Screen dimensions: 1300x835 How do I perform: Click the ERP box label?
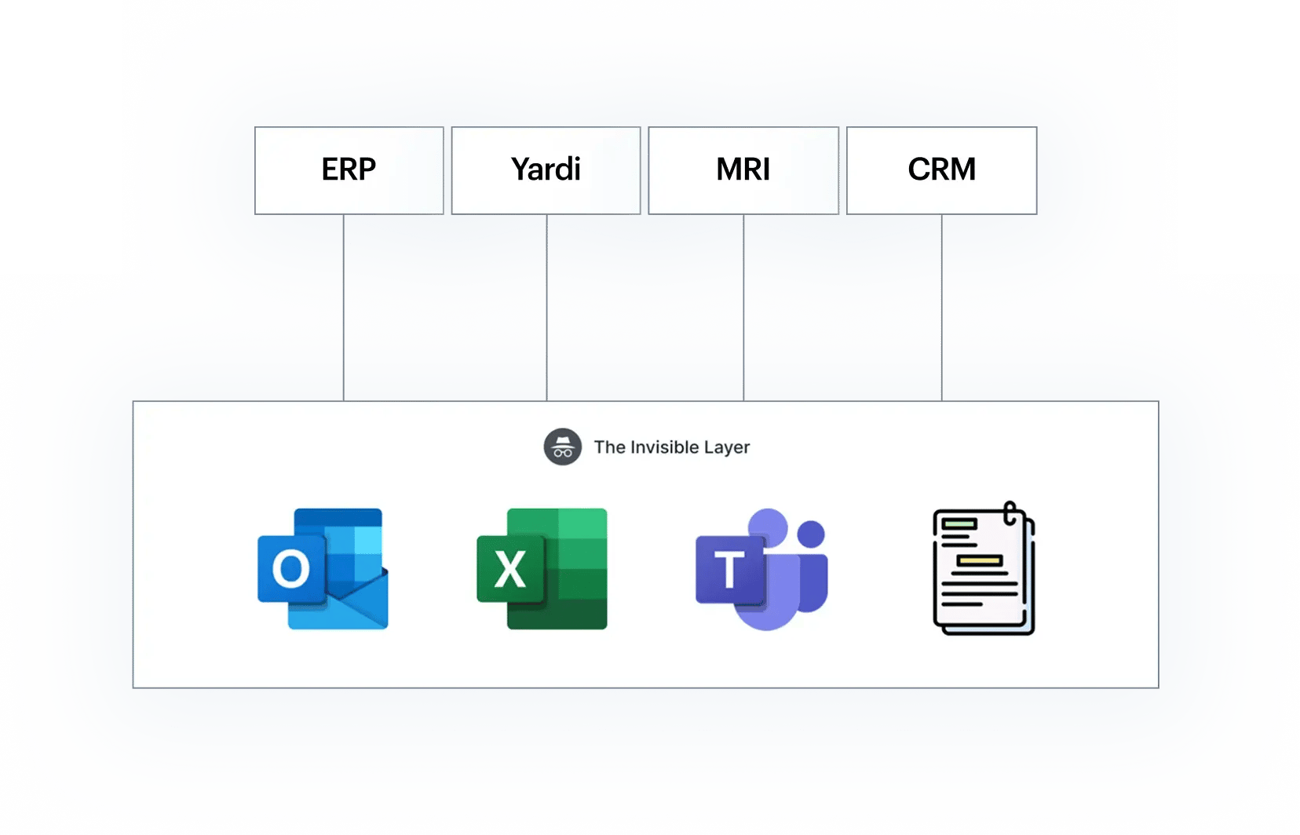tap(349, 170)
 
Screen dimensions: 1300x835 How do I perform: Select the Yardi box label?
tap(546, 170)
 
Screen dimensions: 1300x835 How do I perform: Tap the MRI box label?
tap(743, 170)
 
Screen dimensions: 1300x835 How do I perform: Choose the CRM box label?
tap(941, 170)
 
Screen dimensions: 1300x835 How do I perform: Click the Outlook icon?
tap(323, 569)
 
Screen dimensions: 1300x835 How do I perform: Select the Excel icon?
tap(542, 569)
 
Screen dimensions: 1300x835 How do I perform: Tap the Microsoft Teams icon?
tap(761, 569)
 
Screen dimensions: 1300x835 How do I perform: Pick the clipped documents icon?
tap(984, 568)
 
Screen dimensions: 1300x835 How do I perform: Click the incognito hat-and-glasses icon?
tap(562, 447)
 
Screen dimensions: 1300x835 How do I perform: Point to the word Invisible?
tap(664, 447)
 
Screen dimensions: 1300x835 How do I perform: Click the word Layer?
tap(727, 448)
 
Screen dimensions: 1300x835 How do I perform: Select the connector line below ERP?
tap(344, 308)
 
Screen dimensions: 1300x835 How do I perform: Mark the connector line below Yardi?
tap(546, 308)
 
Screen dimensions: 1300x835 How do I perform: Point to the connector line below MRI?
tap(743, 308)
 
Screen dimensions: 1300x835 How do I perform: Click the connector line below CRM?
tap(942, 308)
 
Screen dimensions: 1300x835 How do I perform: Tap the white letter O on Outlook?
tap(290, 569)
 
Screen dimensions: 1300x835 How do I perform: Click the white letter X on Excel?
tap(510, 569)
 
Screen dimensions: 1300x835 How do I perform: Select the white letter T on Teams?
tap(729, 569)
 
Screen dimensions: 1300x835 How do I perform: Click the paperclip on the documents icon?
tap(1010, 513)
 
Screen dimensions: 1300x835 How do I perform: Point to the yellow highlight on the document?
tap(980, 560)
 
